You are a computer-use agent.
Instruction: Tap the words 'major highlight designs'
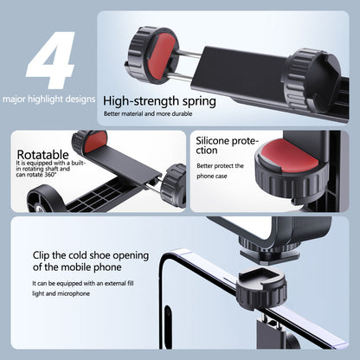[x=48, y=99]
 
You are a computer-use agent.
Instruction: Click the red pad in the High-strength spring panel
[x=157, y=40]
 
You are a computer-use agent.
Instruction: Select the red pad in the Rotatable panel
[x=96, y=139]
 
